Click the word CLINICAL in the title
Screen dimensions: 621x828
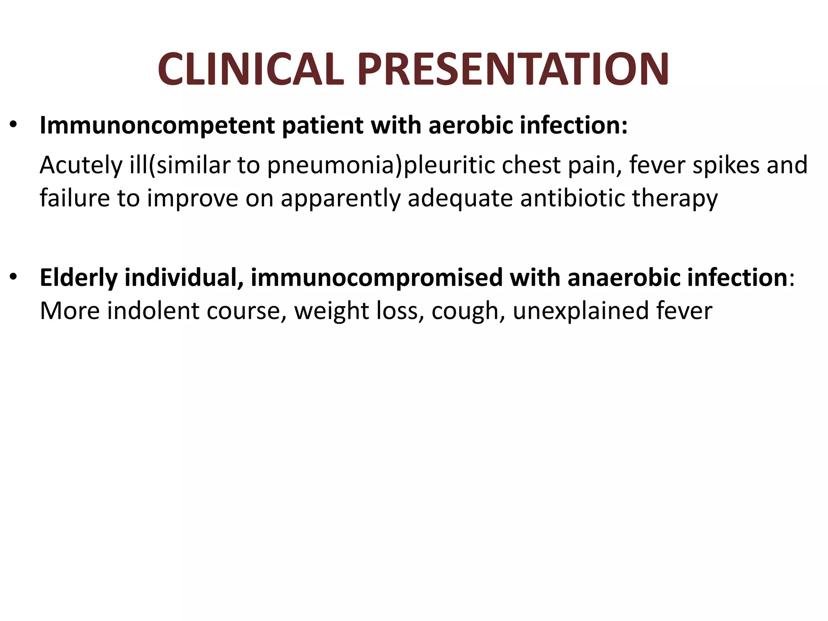(251, 70)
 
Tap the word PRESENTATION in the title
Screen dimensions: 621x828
(513, 70)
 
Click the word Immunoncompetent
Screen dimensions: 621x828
(157, 125)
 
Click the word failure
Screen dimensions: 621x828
(75, 198)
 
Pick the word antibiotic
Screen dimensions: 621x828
(572, 198)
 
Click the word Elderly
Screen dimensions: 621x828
(78, 278)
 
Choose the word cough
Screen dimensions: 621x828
(465, 311)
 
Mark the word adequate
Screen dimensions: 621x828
(460, 199)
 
